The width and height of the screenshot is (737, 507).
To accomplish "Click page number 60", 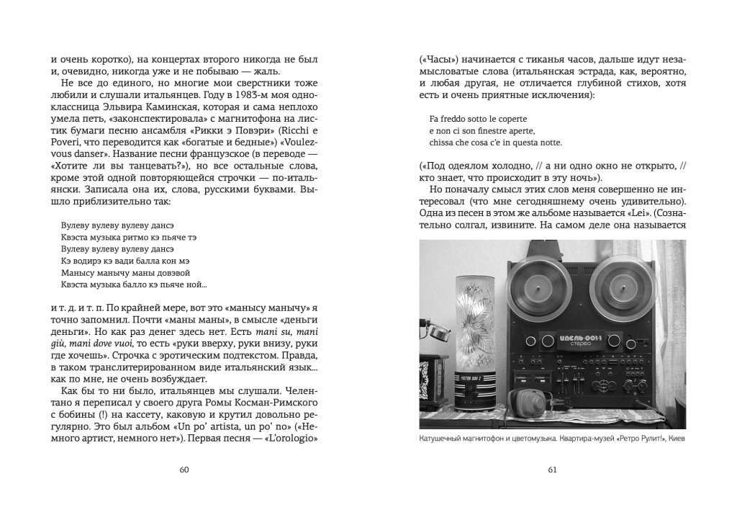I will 184,470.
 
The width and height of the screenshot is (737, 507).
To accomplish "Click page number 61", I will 553,470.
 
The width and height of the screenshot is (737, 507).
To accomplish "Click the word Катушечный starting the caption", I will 447,440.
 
